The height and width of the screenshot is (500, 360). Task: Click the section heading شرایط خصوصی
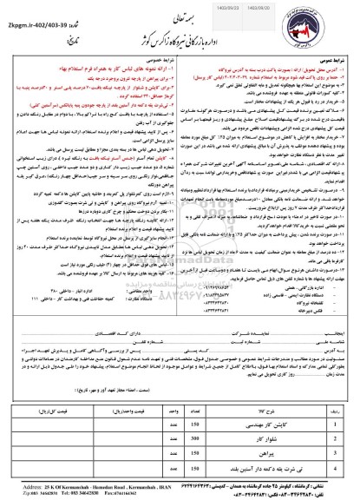[151, 56]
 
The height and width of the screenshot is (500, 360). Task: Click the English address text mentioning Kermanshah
[87, 491]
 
